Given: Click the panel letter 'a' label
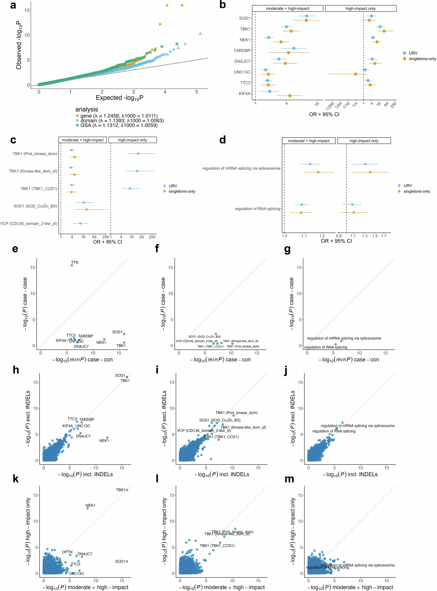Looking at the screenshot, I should [13, 5].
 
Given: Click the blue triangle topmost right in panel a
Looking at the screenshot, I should [200, 33].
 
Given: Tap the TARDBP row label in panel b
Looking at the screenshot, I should [242, 50].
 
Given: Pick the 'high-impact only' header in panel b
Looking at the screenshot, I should [361, 8].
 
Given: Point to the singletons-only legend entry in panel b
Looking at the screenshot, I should [422, 59].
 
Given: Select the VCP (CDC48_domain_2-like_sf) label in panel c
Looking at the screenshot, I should [28, 223].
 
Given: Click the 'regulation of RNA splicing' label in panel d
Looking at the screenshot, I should [257, 209].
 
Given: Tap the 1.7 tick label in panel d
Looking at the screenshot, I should [384, 236].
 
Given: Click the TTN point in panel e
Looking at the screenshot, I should [72, 265].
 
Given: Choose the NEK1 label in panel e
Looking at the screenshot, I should [101, 342].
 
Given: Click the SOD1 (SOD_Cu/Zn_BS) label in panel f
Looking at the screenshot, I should [204, 337].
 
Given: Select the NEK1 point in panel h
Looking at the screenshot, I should [107, 438].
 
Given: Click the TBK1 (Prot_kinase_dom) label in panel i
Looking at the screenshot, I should [236, 413].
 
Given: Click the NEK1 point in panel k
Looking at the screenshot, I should [88, 508].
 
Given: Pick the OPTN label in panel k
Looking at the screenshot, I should [67, 552].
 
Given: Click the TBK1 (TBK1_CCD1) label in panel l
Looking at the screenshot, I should [217, 546].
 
